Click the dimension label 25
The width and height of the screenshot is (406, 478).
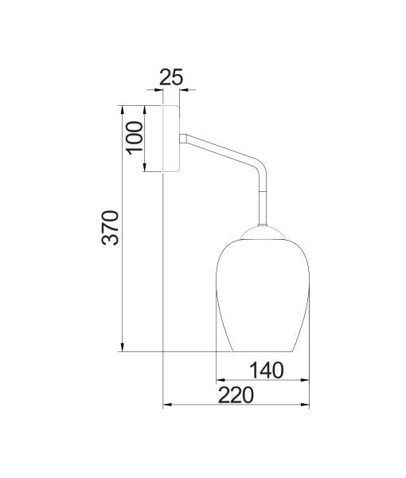171,77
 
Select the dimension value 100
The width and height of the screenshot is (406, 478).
134,137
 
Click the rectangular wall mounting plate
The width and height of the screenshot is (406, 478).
171,137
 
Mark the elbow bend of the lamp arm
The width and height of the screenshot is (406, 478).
259,168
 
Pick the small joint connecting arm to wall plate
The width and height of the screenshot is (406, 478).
184,138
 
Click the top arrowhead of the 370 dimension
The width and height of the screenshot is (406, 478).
123,109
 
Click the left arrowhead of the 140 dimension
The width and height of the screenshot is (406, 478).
221,378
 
